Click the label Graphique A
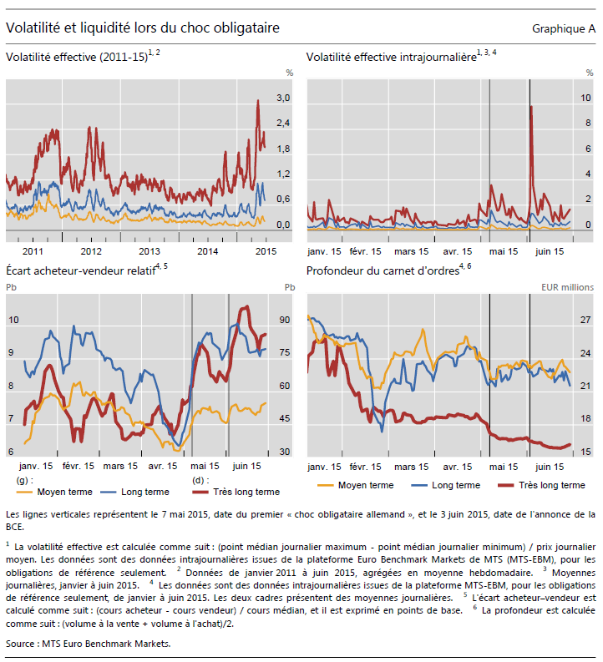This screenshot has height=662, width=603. click(563, 29)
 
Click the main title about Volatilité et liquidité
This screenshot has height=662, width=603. click(142, 28)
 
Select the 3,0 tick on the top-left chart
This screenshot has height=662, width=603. click(283, 99)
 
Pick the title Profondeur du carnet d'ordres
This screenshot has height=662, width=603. click(381, 270)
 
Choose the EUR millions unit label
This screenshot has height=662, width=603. click(566, 287)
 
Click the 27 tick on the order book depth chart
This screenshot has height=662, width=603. click(585, 320)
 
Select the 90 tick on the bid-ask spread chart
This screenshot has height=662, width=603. click(285, 320)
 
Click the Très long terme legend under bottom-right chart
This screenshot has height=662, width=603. click(550, 485)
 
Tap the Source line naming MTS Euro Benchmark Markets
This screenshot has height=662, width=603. click(88, 644)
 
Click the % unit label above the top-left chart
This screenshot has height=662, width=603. click(288, 73)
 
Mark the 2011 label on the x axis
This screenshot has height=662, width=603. click(33, 251)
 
